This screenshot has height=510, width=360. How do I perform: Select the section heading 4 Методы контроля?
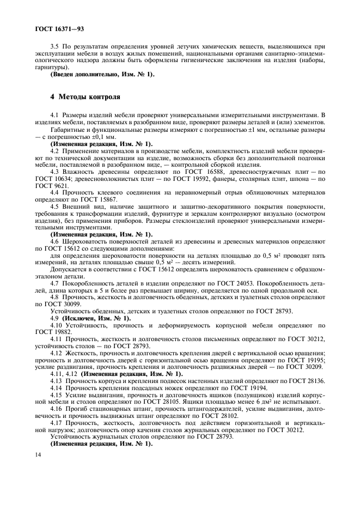[x=84, y=96]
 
